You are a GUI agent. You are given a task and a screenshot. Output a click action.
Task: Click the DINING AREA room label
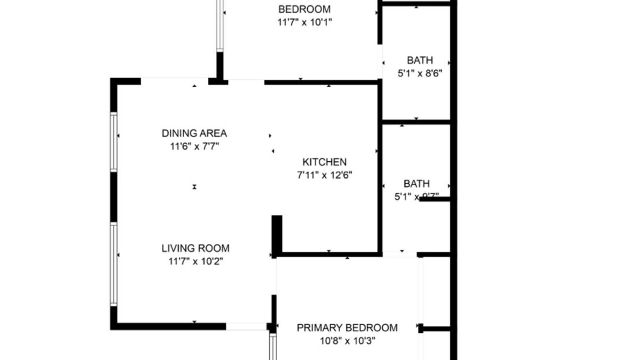click(x=194, y=133)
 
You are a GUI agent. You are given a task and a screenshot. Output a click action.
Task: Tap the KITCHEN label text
click(x=325, y=162)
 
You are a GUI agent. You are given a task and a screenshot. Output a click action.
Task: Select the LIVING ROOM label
click(x=195, y=248)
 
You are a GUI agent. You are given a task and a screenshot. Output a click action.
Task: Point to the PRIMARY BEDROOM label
click(x=347, y=328)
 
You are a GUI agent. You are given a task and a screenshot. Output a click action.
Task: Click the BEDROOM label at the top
click(x=304, y=9)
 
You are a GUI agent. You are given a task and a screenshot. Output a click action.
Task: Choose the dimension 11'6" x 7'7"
click(x=194, y=147)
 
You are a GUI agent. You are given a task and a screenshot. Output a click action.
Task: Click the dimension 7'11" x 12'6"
click(x=325, y=175)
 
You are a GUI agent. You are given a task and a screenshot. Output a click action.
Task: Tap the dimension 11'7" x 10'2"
click(x=195, y=261)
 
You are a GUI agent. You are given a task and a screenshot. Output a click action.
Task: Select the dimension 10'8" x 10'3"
click(x=347, y=341)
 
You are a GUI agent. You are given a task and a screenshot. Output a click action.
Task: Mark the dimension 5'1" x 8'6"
click(x=420, y=73)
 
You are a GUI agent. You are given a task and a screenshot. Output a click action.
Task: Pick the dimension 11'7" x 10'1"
click(x=304, y=23)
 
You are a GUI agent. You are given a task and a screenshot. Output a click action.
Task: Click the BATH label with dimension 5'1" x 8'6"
click(x=420, y=60)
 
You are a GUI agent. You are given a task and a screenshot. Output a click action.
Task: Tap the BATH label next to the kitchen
click(x=416, y=184)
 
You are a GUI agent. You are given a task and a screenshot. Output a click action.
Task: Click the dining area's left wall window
click(x=114, y=142)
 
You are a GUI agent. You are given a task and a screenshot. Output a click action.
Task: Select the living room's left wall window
click(x=114, y=264)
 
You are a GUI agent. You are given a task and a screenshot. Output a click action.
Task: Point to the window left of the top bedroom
click(x=220, y=26)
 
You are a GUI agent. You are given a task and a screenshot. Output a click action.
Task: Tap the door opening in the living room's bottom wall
click(x=246, y=326)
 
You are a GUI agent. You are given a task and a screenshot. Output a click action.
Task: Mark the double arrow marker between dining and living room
click(x=195, y=186)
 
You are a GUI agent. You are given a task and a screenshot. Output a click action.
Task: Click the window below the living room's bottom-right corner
click(x=273, y=347)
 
